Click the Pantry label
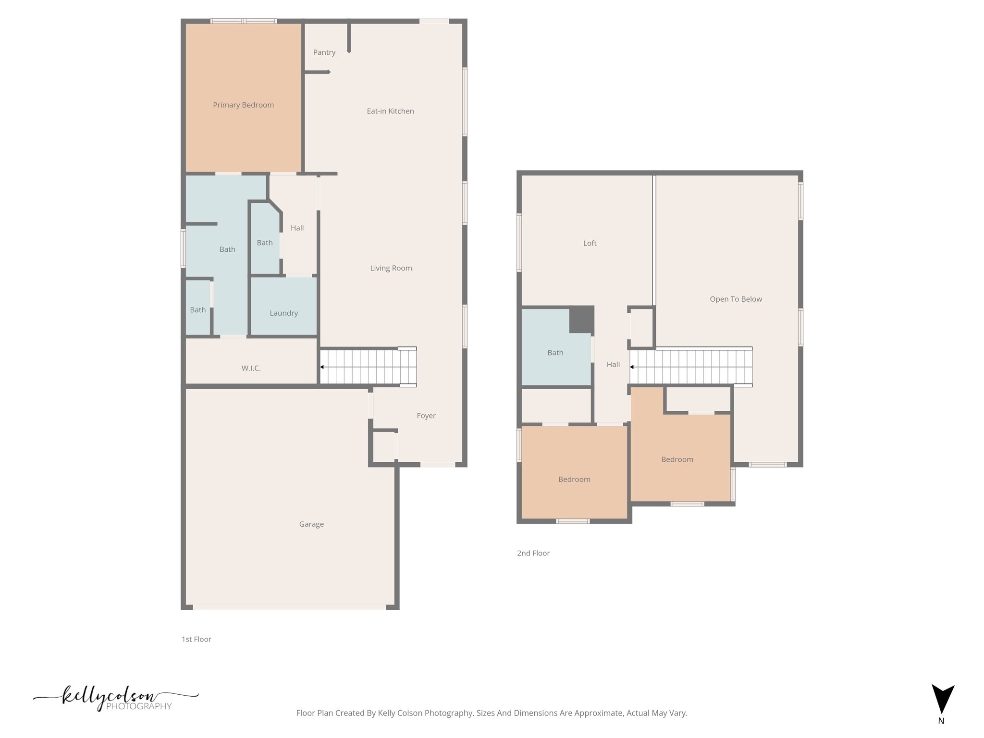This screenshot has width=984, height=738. point(324,52)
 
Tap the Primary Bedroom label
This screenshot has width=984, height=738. point(243,105)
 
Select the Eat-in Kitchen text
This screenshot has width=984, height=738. point(390,111)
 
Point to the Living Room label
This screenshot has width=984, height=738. point(391,268)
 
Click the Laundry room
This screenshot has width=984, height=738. point(283,313)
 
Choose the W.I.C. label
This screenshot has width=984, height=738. point(251,368)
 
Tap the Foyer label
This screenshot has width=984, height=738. point(426,416)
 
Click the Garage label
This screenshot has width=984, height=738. point(311,524)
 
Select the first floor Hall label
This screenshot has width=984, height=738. point(297,228)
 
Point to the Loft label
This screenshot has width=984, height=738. point(590,243)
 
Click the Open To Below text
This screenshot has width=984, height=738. point(736,299)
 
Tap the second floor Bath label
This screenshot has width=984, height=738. point(555,353)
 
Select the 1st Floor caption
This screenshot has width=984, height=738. point(196,639)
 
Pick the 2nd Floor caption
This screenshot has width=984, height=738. point(533,553)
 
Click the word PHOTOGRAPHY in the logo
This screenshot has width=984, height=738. point(138,706)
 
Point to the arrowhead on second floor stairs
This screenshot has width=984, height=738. point(632,367)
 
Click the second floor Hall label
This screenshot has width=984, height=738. point(613,365)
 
